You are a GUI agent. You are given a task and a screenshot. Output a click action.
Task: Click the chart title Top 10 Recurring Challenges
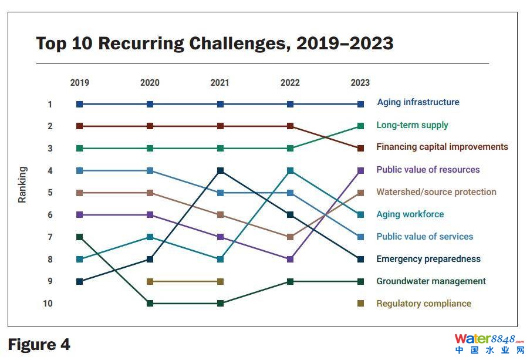coord(214,43)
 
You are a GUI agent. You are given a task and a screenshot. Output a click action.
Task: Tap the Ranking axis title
coord(22,185)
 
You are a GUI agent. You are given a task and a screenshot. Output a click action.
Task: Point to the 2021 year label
coord(220,83)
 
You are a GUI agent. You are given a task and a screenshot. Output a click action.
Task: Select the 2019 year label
coord(79,83)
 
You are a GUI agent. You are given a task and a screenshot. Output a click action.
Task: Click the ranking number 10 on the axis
coord(48,304)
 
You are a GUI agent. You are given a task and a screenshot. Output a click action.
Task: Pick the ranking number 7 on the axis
coord(50,237)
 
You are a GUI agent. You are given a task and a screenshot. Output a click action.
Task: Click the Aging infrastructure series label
coord(418,102)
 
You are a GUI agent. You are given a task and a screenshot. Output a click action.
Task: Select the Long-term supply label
coord(412,125)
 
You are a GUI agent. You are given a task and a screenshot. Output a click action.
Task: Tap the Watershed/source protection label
coord(436,192)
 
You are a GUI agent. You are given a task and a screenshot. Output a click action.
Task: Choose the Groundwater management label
coord(431,281)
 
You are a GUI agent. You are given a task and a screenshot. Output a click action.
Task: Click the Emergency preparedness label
coord(428,259)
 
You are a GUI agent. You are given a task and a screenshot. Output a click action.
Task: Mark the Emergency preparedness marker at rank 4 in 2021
coord(220,171)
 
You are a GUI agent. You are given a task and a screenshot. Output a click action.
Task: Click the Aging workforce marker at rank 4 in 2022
coord(290,171)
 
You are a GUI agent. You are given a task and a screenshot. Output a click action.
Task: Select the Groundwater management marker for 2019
coord(80,237)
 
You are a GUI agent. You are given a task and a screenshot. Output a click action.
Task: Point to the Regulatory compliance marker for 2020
coord(150,281)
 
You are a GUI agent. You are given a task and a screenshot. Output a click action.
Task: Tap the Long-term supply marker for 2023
coord(360,126)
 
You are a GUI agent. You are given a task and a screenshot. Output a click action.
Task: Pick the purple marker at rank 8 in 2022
coord(290,259)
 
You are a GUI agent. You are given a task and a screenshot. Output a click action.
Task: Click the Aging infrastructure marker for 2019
coord(80,105)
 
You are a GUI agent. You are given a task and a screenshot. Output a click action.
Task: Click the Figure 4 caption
coord(39,345)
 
